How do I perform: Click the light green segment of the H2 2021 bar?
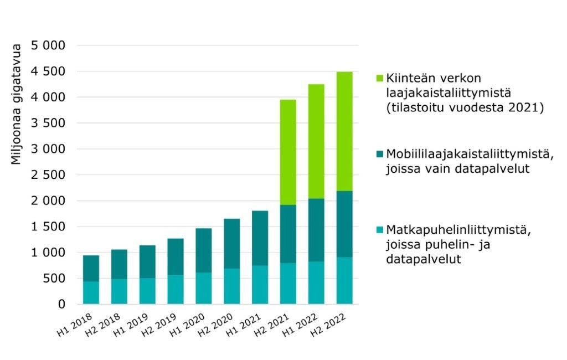pos(288,152)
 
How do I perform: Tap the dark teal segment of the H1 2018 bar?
pos(91,269)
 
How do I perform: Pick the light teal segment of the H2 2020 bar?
pos(231,286)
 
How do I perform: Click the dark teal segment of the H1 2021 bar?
pos(260,238)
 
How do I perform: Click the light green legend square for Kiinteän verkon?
pos(379,78)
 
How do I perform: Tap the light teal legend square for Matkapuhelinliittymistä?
pos(379,229)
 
